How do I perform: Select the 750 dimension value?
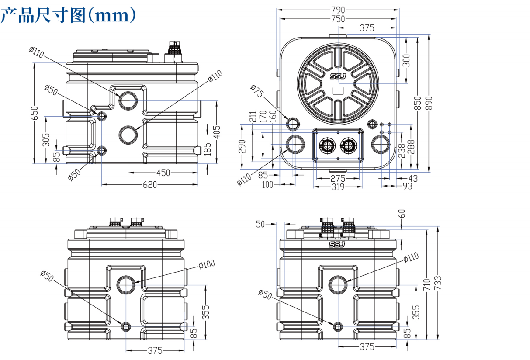pos(338,19)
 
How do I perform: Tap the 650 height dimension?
pos(35,113)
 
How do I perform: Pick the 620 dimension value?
pos(149,184)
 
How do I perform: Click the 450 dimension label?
pos(163,173)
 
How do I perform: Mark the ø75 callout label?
pos(257,92)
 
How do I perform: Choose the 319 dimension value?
pos(338,187)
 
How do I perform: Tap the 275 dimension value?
pos(338,178)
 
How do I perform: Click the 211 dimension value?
pos(253,117)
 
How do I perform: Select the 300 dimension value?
pos(406,60)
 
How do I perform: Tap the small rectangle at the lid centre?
pos(338,91)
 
